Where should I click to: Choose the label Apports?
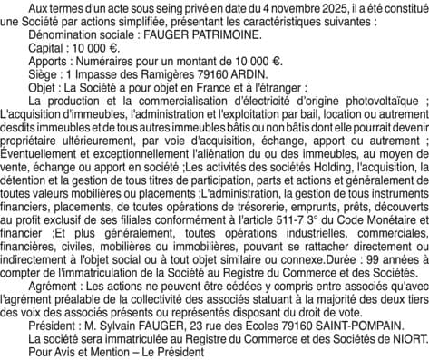click(x=47, y=66)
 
